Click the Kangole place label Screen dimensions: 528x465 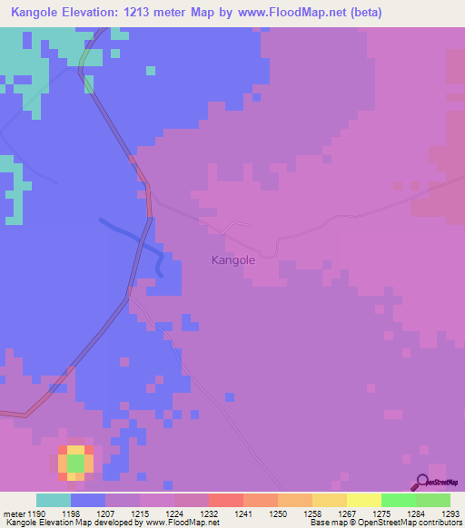(x=232, y=259)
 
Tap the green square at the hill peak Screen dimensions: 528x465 (x=75, y=463)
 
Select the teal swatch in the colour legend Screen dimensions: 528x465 (x=54, y=500)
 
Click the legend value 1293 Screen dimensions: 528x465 (x=450, y=513)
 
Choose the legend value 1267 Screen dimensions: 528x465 (x=347, y=513)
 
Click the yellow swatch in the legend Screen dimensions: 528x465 (x=363, y=500)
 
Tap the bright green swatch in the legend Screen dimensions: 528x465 (x=398, y=500)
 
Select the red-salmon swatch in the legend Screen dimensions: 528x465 (x=225, y=500)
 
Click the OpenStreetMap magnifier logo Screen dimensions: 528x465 (x=423, y=483)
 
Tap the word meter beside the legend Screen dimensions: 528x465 (x=14, y=513)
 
